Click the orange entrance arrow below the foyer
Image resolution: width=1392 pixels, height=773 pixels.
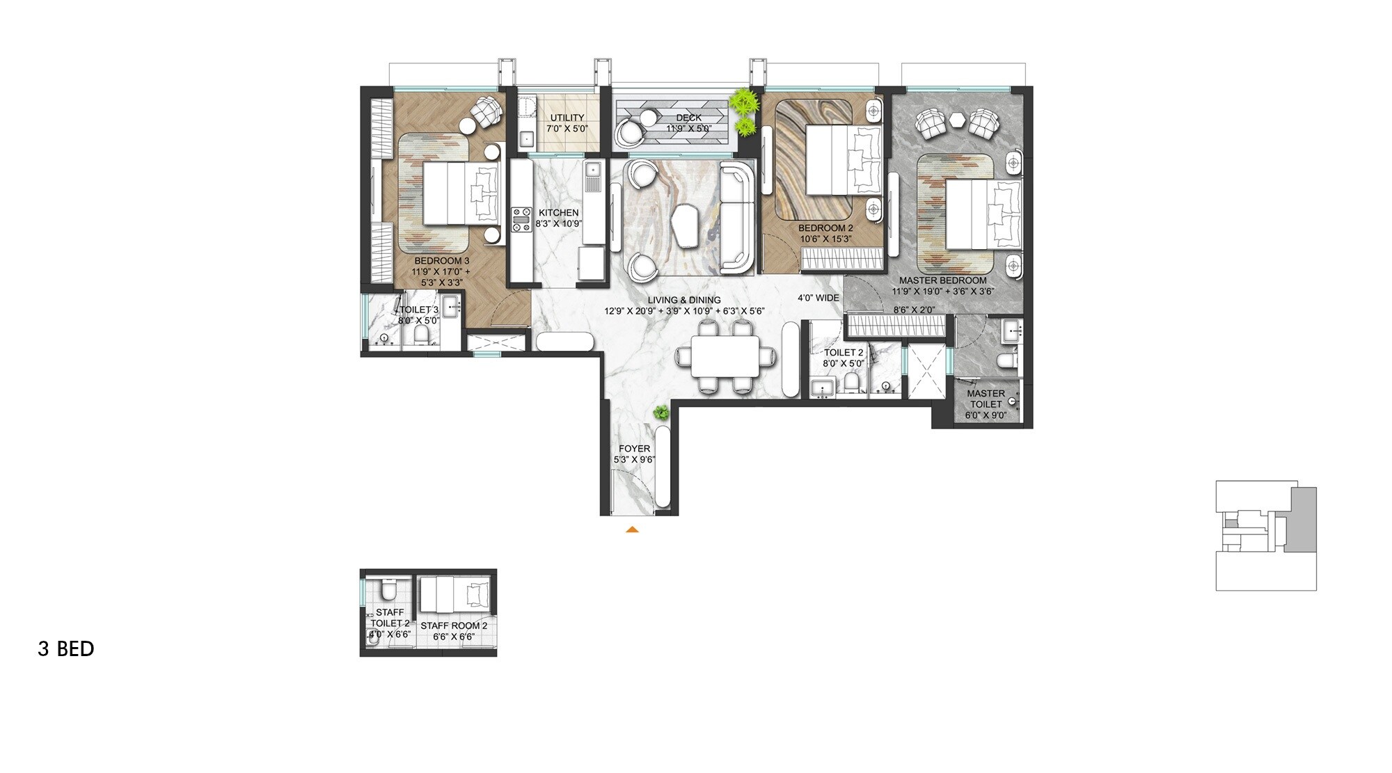632,530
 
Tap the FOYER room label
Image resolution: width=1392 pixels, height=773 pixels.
634,449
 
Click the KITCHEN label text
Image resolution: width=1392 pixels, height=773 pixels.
558,213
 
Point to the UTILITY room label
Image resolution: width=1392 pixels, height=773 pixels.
567,118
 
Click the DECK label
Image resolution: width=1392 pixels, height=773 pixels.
688,118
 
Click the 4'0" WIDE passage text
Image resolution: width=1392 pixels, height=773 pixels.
818,298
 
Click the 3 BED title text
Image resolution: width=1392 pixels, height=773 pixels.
66,649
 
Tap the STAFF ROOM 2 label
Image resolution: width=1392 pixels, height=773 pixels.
454,625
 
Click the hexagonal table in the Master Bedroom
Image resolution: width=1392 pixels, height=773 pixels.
959,120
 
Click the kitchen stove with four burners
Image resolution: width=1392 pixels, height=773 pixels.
519,219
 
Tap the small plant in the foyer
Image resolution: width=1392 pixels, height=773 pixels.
660,413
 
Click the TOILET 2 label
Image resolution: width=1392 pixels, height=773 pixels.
844,353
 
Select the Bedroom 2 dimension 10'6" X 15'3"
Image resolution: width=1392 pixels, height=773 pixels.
825,239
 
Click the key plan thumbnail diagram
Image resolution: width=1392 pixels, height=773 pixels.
1265,535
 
